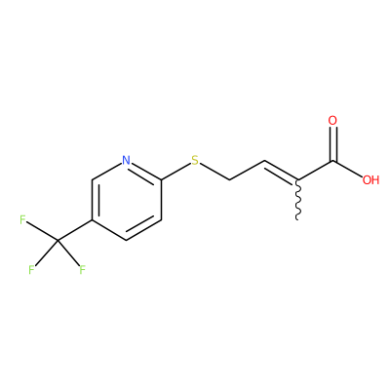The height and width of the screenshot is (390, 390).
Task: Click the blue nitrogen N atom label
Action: pyautogui.click(x=127, y=160)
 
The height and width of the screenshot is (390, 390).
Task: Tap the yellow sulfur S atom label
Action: pyautogui.click(x=195, y=160)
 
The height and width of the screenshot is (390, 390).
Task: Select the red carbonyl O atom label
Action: pyautogui.click(x=332, y=121)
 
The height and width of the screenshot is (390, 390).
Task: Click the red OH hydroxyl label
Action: pyautogui.click(x=370, y=180)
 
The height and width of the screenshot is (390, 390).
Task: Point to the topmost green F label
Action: pyautogui.click(x=22, y=219)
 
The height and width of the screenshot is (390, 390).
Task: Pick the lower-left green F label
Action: pyautogui.click(x=31, y=270)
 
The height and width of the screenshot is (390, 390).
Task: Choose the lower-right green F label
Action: pyautogui.click(x=82, y=270)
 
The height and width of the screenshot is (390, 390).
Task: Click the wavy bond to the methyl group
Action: pyautogui.click(x=297, y=200)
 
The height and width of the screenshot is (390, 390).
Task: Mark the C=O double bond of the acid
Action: pyautogui.click(x=332, y=144)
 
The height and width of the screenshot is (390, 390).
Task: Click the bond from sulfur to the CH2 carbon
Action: pyautogui.click(x=214, y=172)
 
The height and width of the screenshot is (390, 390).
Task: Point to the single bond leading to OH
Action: pyautogui.click(x=347, y=169)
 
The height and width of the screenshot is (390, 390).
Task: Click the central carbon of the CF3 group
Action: pyautogui.click(x=58, y=240)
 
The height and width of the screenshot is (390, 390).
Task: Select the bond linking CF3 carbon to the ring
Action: pyautogui.click(x=75, y=230)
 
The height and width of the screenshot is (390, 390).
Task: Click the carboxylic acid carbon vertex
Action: pyautogui.click(x=332, y=161)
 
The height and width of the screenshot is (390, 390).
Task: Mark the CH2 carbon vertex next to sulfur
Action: pyautogui.click(x=230, y=179)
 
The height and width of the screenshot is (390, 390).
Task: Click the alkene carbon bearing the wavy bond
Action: pyautogui.click(x=297, y=179)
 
